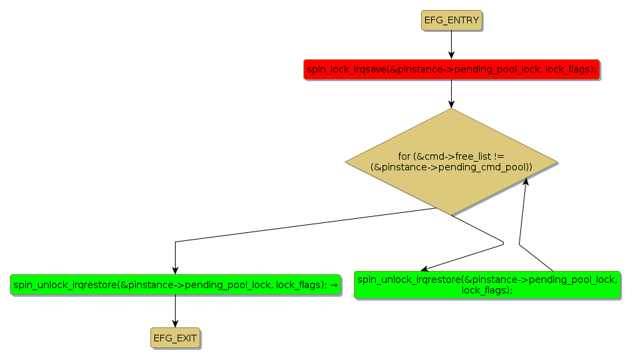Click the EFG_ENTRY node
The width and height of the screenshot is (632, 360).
click(x=451, y=21)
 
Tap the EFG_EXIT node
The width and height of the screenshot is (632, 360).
click(x=175, y=338)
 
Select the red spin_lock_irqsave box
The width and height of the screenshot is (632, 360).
click(x=451, y=69)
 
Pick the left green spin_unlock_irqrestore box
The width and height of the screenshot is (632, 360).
click(x=175, y=285)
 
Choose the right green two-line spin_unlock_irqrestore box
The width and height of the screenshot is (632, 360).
click(x=487, y=285)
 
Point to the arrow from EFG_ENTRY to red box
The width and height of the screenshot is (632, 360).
click(x=451, y=45)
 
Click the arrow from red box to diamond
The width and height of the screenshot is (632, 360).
click(x=451, y=94)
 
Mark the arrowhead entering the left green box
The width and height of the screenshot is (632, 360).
click(x=175, y=270)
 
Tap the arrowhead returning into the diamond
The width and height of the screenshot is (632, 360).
click(x=526, y=182)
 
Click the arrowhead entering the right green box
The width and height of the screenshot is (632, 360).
click(x=424, y=268)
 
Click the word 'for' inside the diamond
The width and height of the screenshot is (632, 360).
click(x=404, y=156)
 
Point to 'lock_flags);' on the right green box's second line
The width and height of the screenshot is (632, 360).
click(x=487, y=290)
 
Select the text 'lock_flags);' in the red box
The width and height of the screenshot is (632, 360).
click(x=570, y=69)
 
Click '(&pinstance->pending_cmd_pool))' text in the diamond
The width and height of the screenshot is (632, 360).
click(x=451, y=167)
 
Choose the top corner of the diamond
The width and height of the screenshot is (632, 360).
click(x=451, y=110)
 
